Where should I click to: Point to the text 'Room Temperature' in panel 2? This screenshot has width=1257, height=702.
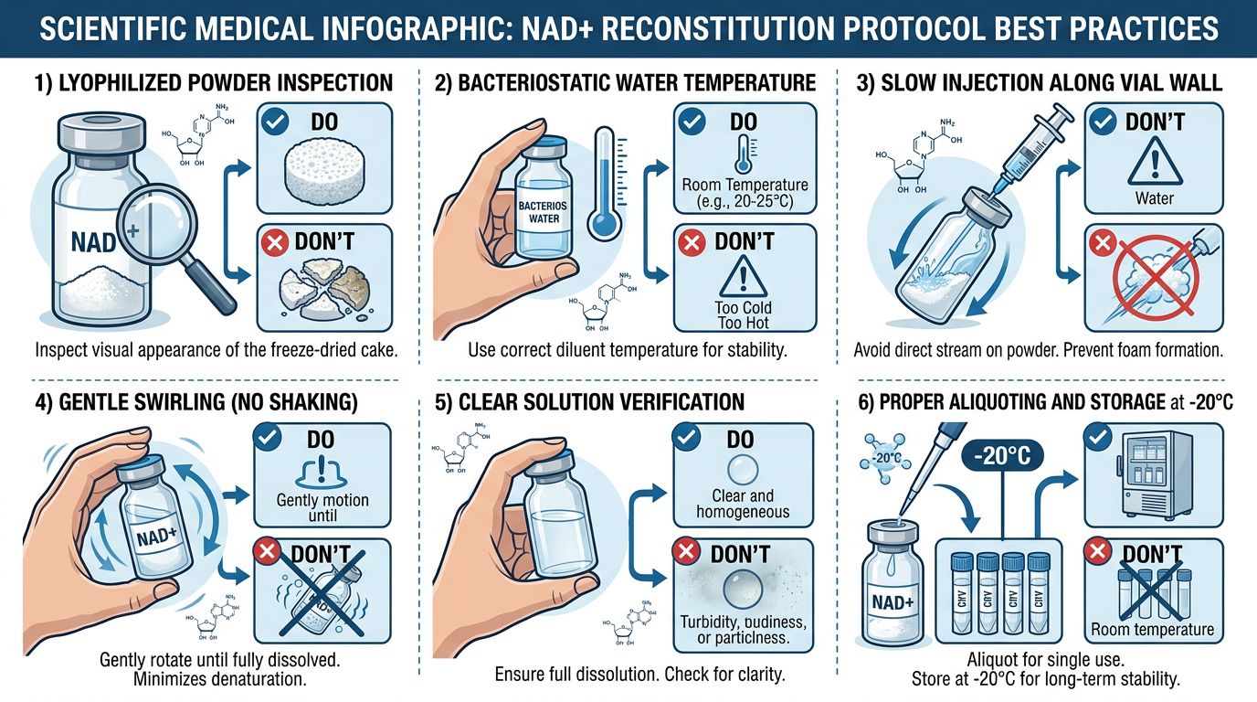(745, 184)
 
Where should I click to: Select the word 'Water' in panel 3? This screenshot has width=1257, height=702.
(1155, 197)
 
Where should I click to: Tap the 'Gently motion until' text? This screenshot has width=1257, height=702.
(322, 507)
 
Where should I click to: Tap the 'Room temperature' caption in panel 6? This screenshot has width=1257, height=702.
(1152, 629)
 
